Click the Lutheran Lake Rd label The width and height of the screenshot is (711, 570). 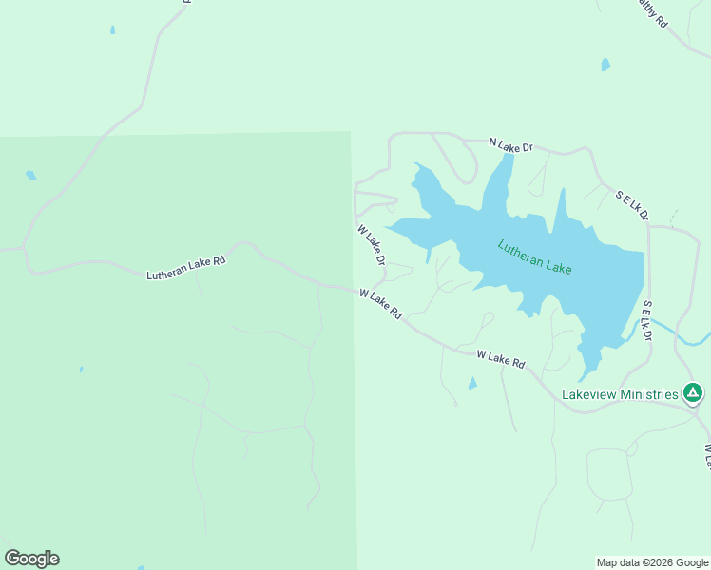185,268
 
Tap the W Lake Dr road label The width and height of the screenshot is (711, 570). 372,244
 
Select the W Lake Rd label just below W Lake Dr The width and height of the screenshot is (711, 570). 381,304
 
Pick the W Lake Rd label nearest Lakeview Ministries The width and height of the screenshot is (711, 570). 501,359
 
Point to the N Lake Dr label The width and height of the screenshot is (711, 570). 511,145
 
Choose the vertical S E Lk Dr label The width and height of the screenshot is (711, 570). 646,321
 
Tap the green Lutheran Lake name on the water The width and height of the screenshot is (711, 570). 534,256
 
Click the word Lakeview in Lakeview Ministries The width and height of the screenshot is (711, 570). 591,394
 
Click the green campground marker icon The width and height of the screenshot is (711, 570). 694,392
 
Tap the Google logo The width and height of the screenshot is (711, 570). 31,559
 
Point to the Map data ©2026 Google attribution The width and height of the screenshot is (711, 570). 652,562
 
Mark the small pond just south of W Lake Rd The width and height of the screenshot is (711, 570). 472,384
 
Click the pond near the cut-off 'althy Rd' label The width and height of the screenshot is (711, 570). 605,66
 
